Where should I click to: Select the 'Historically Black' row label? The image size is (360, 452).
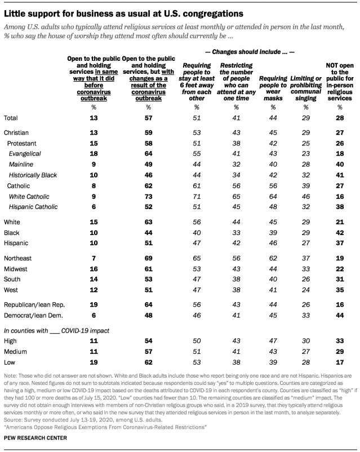(34, 175)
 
